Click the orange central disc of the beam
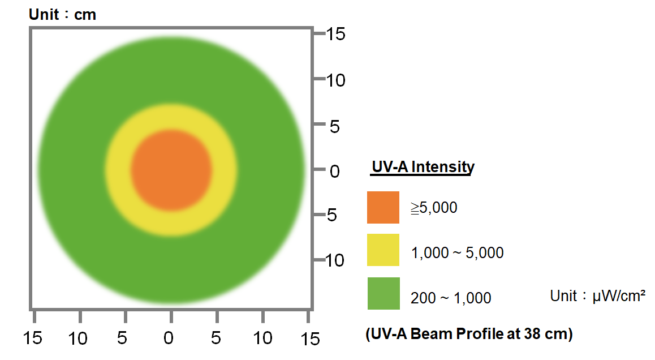(x=171, y=170)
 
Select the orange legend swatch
(x=383, y=207)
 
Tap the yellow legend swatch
(x=383, y=250)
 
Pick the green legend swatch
(x=383, y=293)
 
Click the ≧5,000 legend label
(x=434, y=208)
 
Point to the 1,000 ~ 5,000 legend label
(x=457, y=252)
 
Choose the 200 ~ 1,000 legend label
(x=451, y=297)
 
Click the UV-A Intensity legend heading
(x=423, y=167)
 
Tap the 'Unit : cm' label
(x=62, y=14)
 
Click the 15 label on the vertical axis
(x=336, y=34)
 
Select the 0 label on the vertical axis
(x=334, y=170)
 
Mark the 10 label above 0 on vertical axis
(x=336, y=80)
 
